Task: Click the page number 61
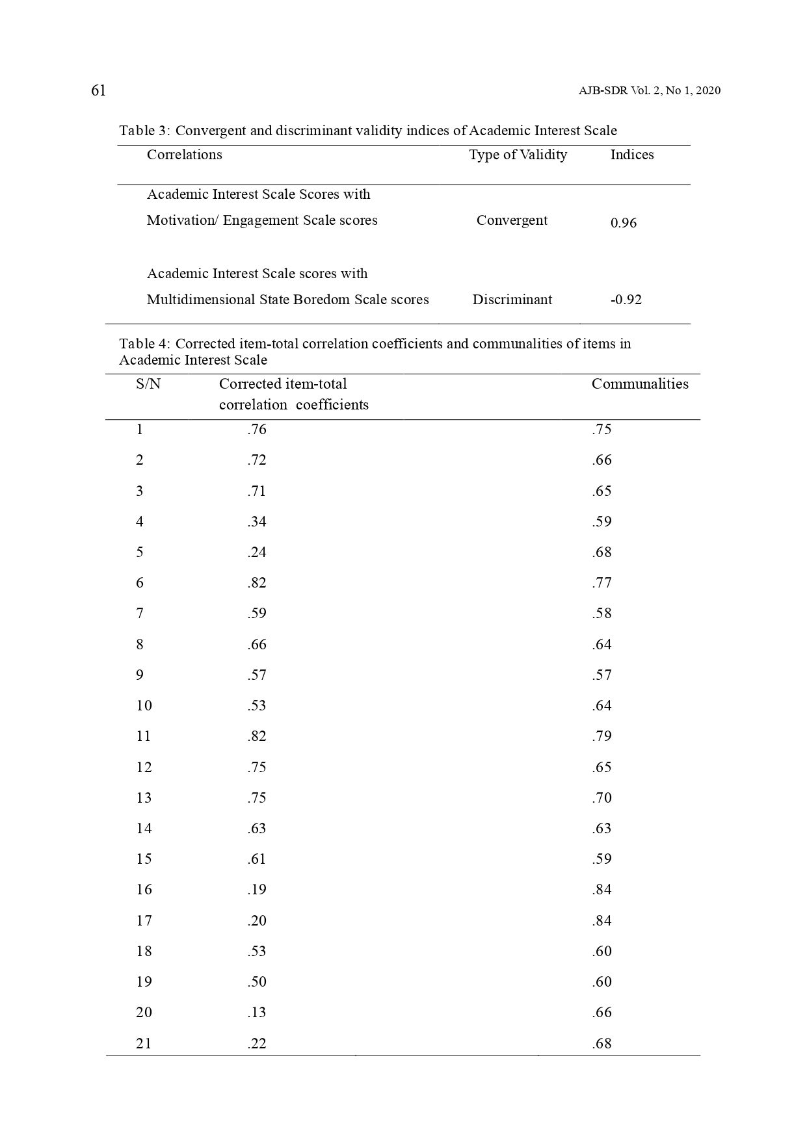98,90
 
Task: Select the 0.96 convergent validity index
623,223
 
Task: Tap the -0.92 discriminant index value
626,300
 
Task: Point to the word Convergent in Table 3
512,220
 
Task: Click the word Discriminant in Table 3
512,300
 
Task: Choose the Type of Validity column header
518,155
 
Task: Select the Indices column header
631,155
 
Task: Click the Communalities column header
639,384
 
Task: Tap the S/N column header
148,384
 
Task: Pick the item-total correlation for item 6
257,583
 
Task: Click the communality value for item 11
602,736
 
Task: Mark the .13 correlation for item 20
257,1013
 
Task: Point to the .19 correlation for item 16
257,890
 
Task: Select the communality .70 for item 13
602,798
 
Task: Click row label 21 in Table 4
144,1044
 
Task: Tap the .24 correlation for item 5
257,552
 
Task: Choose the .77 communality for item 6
602,583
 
